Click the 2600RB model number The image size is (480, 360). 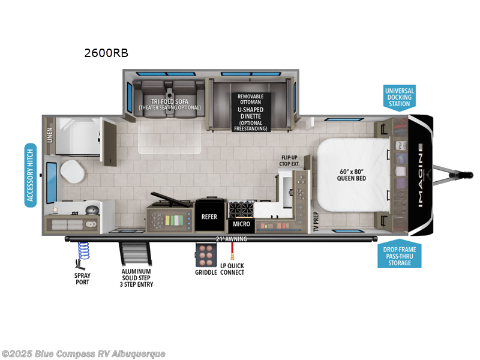tap(106, 53)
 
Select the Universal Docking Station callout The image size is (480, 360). tap(399, 97)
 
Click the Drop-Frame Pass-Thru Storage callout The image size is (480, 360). tap(399, 255)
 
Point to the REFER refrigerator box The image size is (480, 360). tap(209, 217)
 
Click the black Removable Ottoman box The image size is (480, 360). tap(250, 112)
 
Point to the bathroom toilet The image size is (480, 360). tap(73, 173)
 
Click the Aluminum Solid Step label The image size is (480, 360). tap(136, 277)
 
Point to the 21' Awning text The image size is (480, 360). tap(232, 239)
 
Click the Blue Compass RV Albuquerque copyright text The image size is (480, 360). tap(83, 353)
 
